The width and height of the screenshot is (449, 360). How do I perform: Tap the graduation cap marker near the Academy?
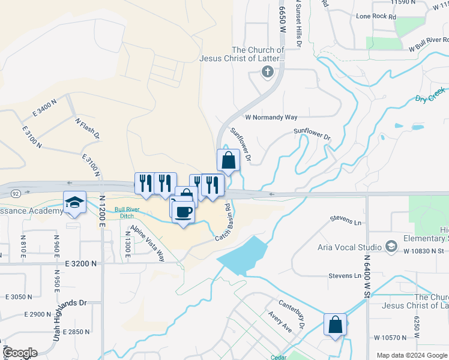click(x=75, y=202)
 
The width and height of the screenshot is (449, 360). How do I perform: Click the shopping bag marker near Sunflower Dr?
click(x=228, y=160)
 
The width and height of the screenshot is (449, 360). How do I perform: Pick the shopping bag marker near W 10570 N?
click(x=336, y=325)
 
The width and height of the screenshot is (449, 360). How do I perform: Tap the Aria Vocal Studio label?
click(x=350, y=247)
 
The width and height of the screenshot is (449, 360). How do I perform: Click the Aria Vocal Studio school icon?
click(x=391, y=247)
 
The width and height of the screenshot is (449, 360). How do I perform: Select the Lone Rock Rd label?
click(x=376, y=17)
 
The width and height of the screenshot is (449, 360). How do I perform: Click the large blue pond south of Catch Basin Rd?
click(x=243, y=256)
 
